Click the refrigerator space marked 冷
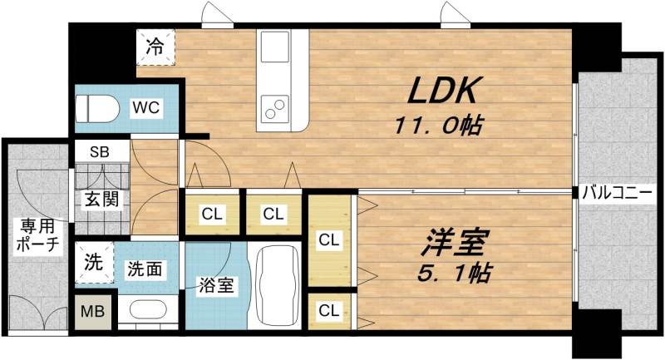[155, 47]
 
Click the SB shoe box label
[99, 152]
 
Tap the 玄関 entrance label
[100, 199]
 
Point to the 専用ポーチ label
[37, 234]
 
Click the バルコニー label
[617, 193]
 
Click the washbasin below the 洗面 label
[150, 313]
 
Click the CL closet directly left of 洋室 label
[329, 241]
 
